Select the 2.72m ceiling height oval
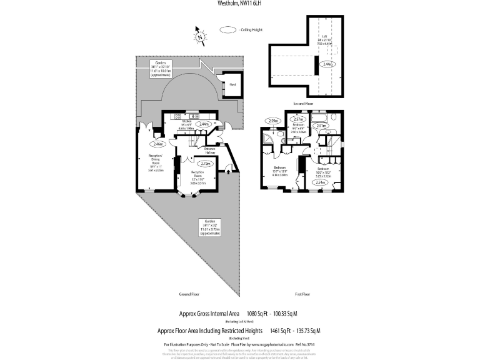coord(207,164)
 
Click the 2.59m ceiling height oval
coord(272,121)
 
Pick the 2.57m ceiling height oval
coord(298,119)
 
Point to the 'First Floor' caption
coord(303,293)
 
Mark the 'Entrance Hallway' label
coord(209,150)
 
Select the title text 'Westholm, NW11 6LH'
coord(240,3)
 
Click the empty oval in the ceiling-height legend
coord(227,29)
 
